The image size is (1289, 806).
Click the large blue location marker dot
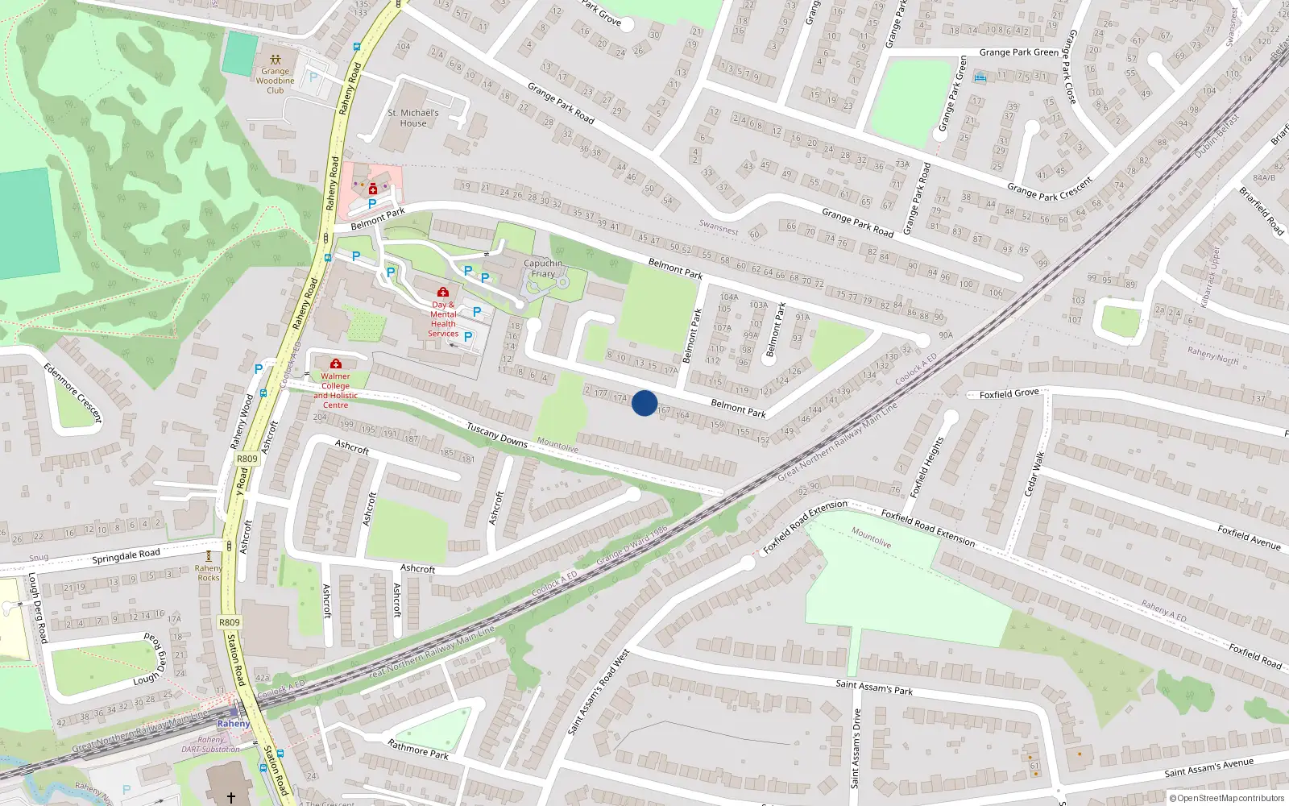click(x=644, y=403)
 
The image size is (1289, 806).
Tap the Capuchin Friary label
click(x=543, y=268)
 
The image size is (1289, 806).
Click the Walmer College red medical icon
click(x=336, y=364)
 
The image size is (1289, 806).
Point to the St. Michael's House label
click(x=413, y=118)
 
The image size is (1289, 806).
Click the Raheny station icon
click(x=234, y=712)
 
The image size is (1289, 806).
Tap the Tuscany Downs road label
click(x=497, y=435)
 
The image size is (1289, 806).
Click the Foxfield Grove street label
click(x=1009, y=393)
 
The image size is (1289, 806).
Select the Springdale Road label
click(x=126, y=556)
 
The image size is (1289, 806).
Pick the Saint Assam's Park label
click(x=874, y=687)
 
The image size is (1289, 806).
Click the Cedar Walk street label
click(x=1034, y=473)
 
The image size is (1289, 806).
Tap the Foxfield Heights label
click(x=926, y=467)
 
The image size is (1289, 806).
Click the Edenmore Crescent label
click(x=73, y=393)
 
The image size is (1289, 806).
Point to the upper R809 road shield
click(x=247, y=459)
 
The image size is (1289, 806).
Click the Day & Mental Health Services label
click(x=443, y=319)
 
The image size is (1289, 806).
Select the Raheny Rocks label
click(x=208, y=573)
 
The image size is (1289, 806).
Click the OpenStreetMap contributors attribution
click(x=1227, y=798)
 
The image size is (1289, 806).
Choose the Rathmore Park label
click(x=418, y=750)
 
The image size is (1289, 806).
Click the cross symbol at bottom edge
click(x=230, y=797)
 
